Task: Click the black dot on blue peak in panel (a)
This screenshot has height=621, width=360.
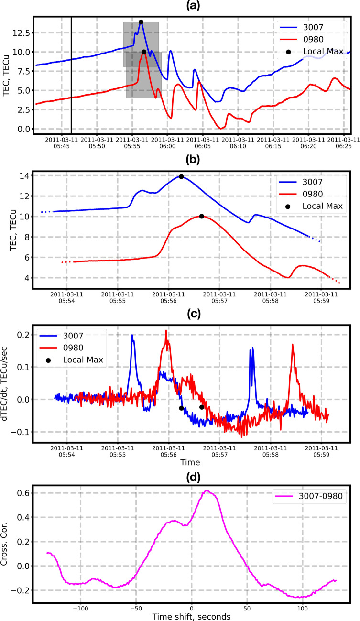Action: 141,22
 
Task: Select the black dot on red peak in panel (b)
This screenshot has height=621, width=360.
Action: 202,216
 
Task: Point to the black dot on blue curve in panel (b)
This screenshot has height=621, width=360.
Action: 181,176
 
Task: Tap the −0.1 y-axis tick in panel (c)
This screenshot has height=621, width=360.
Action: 21,432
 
